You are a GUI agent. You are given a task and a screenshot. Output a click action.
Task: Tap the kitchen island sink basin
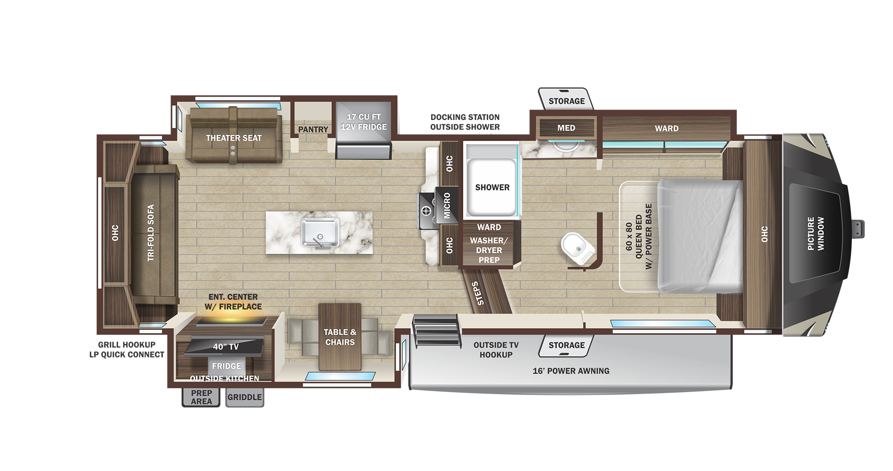(x=320, y=233)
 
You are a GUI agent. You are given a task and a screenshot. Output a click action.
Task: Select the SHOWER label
(x=492, y=187)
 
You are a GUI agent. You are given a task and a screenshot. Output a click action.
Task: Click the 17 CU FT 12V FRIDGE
(x=364, y=130)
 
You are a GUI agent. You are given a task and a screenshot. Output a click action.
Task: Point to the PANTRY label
(x=313, y=129)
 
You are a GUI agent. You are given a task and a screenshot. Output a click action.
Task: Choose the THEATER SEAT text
(x=234, y=138)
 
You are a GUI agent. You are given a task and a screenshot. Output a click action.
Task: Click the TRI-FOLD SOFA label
(x=151, y=233)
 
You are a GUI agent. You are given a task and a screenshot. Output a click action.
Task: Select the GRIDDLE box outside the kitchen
(x=245, y=397)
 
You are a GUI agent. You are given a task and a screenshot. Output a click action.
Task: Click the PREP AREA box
(x=201, y=397)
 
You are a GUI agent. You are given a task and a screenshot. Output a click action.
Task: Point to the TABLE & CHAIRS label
(x=340, y=337)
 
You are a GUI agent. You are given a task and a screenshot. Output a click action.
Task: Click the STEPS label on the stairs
(x=478, y=294)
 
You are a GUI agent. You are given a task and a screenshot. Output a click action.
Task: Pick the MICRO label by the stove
(x=447, y=206)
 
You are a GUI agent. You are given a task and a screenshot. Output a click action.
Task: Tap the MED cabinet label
(x=566, y=128)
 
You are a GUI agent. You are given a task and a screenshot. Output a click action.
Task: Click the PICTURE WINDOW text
(x=816, y=233)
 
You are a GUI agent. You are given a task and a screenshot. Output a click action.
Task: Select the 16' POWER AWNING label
(x=571, y=371)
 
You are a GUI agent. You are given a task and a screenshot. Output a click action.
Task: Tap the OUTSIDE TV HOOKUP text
(x=496, y=350)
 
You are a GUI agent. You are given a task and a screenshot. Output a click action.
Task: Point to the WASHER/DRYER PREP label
(x=489, y=250)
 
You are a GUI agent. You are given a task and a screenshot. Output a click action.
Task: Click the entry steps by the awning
(x=437, y=330)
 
